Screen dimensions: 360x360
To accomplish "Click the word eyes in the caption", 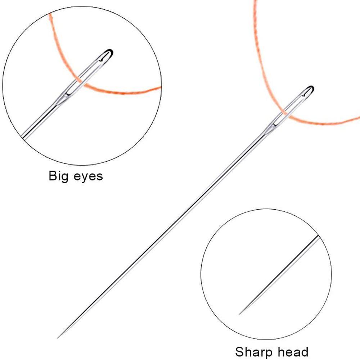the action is (x=89, y=177).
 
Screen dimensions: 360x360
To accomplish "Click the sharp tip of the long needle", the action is (x=57, y=338).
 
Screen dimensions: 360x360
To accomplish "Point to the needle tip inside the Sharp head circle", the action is (x=239, y=314).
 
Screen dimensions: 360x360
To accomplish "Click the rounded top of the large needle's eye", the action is (x=311, y=87).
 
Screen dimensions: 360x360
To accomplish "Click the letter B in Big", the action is (x=53, y=176).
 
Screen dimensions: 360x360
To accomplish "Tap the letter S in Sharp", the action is (x=240, y=352).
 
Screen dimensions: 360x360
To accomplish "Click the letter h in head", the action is (x=281, y=352).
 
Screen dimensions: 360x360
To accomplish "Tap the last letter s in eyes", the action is (x=100, y=177).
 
